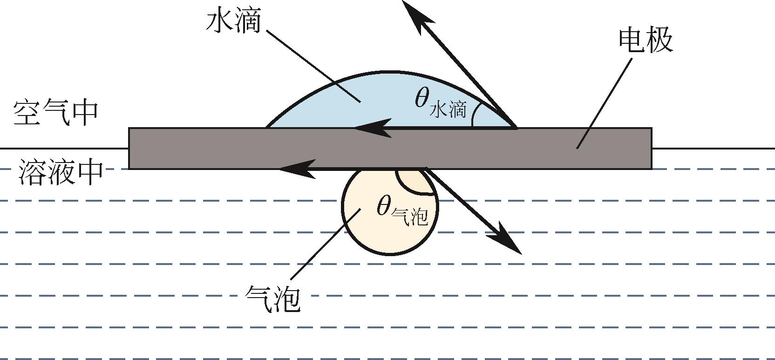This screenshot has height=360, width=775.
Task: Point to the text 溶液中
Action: point(61,172)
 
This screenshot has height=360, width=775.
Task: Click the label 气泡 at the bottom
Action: point(272,298)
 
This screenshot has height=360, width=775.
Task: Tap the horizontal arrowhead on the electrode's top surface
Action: point(373,128)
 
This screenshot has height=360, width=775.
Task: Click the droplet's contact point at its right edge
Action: point(516,127)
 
